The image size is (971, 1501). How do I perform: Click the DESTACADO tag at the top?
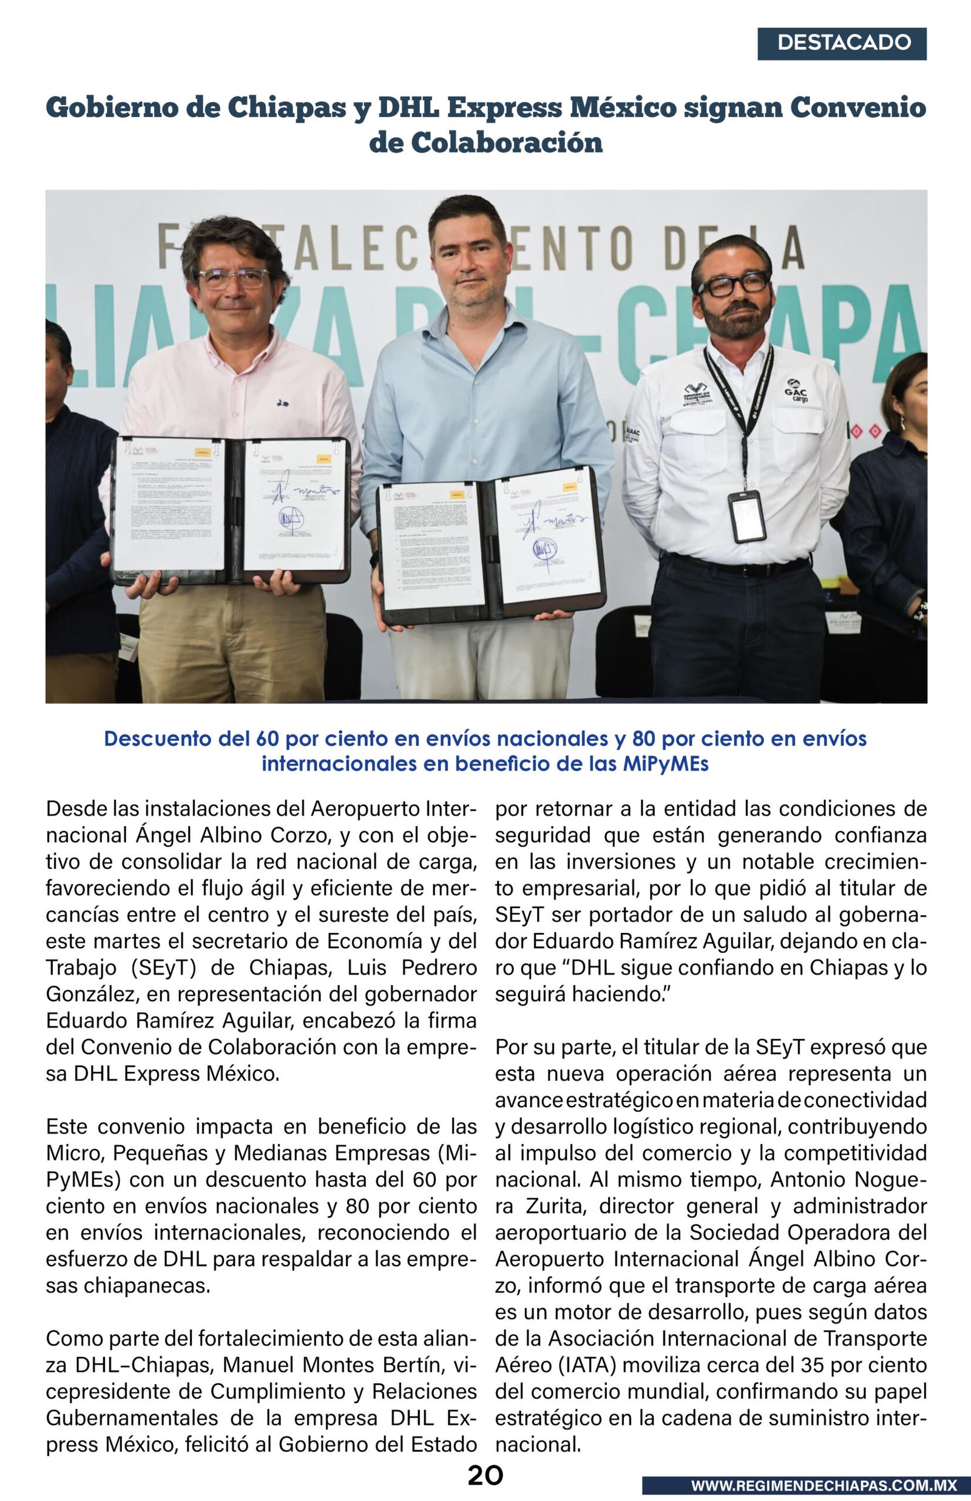pyautogui.click(x=842, y=43)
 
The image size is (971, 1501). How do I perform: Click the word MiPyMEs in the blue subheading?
pyautogui.click(x=665, y=764)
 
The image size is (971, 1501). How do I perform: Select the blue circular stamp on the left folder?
pyautogui.click(x=291, y=519)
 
